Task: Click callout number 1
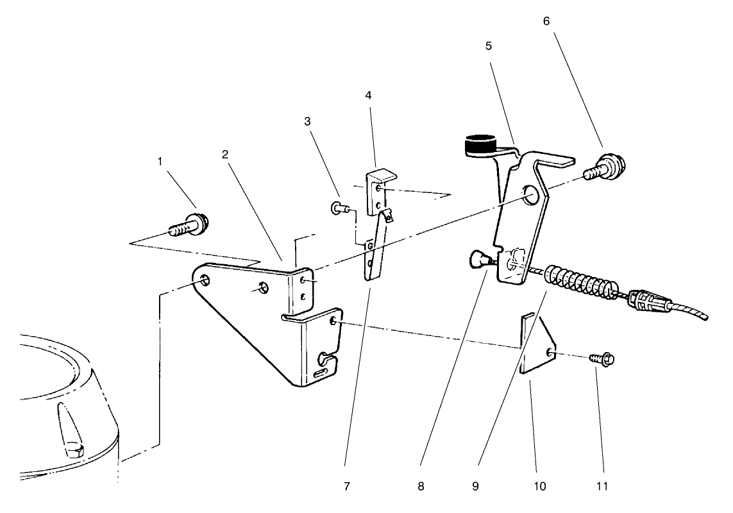pyautogui.click(x=160, y=162)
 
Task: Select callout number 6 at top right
pyautogui.click(x=546, y=21)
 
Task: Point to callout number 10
pyautogui.click(x=539, y=486)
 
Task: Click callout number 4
pyautogui.click(x=367, y=95)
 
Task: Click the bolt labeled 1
pyautogui.click(x=192, y=225)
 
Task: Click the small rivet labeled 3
pyautogui.click(x=339, y=206)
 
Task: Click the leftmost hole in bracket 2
pyautogui.click(x=205, y=280)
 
